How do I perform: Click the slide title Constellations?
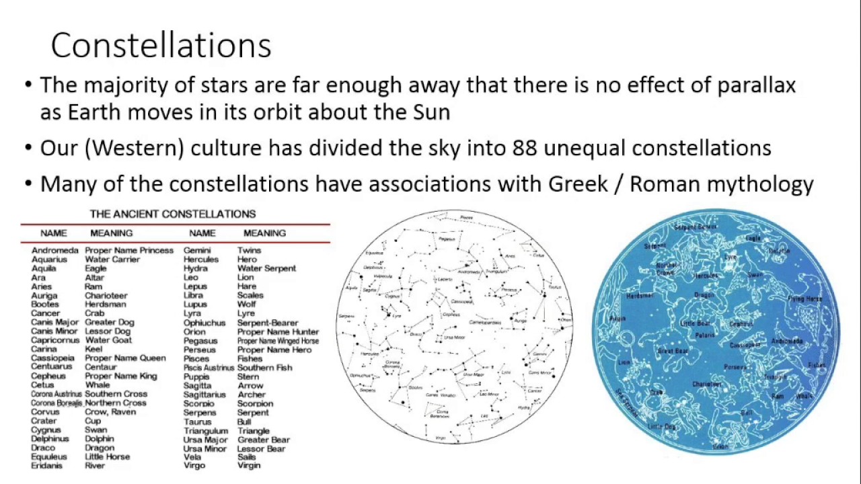coord(161,46)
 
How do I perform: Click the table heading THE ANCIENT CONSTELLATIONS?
coord(173,214)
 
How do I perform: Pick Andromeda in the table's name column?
coord(54,250)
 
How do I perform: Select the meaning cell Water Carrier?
coord(112,259)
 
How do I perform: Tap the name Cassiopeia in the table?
coord(52,358)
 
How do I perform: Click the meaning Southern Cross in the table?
coord(116,394)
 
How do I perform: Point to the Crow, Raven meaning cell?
coord(110,412)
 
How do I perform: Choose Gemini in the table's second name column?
coord(197,250)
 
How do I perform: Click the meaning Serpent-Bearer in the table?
coord(267,323)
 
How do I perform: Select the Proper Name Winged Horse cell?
coord(278,341)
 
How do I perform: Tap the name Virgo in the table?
coord(194,465)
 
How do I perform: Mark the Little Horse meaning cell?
coord(107,456)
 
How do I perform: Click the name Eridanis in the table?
coord(46,465)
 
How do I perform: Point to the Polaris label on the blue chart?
coord(705,334)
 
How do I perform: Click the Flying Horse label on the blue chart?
coord(805,298)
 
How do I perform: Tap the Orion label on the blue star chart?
coord(720,446)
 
